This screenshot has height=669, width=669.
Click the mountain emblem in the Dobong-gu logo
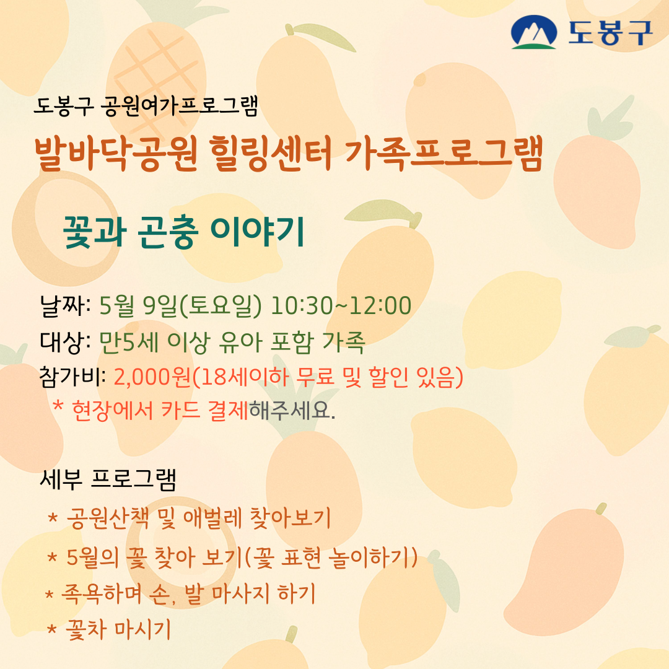[x=534, y=32]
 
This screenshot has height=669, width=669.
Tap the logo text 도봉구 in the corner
[x=610, y=32]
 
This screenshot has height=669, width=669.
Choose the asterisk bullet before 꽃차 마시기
[x=52, y=631]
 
